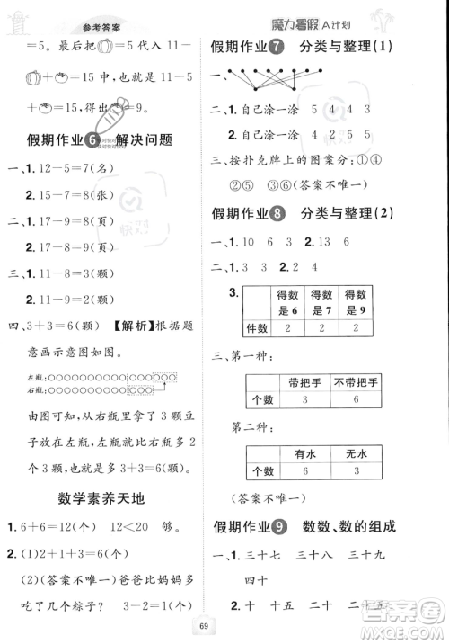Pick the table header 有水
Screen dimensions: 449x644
(294, 455)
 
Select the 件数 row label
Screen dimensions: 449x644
(260, 330)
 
